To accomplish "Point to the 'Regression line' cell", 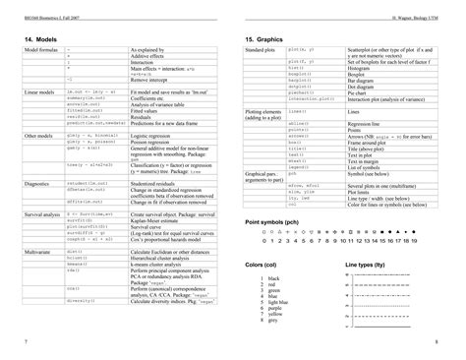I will pyautogui.click(x=365, y=123).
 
